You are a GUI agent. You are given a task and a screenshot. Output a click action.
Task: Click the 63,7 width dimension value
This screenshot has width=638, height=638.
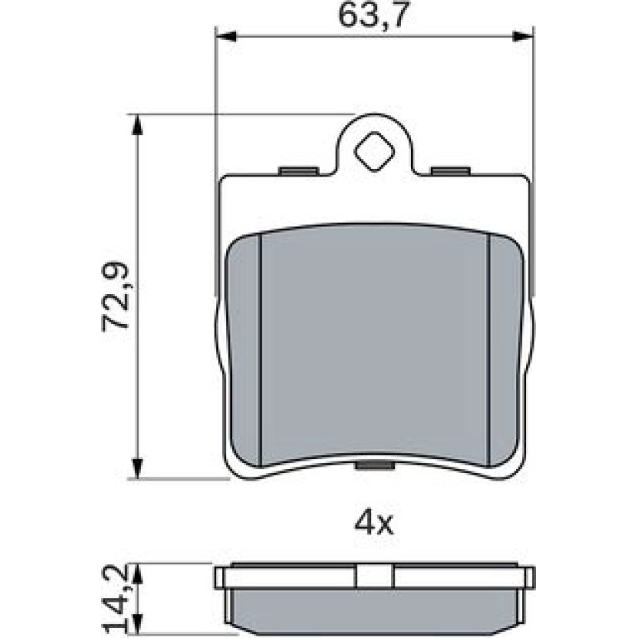pyautogui.click(x=373, y=17)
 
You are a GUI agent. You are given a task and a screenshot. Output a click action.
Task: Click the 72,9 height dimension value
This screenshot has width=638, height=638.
pyautogui.click(x=115, y=297)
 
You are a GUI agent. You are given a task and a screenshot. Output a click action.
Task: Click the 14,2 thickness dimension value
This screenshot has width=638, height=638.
pyautogui.click(x=115, y=599)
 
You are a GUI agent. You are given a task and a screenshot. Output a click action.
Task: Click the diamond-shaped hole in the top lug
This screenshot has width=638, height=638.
pyautogui.click(x=375, y=152)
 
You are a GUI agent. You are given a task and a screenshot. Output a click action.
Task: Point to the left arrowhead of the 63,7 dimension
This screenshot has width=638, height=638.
pyautogui.click(x=226, y=36)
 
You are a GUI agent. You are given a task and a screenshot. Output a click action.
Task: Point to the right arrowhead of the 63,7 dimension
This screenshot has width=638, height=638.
pyautogui.click(x=523, y=36)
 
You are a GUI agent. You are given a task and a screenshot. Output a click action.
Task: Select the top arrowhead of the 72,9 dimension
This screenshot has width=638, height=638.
pyautogui.click(x=138, y=125)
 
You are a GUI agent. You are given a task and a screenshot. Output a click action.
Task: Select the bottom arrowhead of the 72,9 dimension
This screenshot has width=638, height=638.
pyautogui.click(x=138, y=468)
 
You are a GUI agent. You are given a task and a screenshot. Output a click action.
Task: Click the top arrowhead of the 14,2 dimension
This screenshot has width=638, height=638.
pyautogui.click(x=138, y=574)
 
